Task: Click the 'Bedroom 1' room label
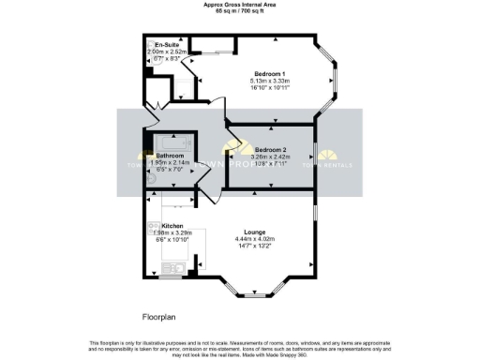coord(270,73)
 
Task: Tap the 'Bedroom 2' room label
coord(270,150)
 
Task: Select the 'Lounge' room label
coord(255,232)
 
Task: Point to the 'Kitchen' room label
coord(172,226)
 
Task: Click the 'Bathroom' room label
coord(171,156)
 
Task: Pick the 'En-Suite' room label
coord(168,45)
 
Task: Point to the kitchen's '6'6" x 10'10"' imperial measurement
coord(172,241)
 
